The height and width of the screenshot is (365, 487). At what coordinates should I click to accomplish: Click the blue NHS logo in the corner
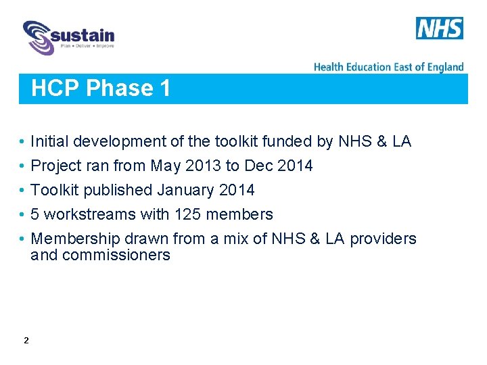click(439, 28)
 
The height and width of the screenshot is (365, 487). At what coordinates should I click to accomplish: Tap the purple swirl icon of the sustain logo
click(38, 37)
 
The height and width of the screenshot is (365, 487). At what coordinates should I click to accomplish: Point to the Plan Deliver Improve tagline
click(87, 46)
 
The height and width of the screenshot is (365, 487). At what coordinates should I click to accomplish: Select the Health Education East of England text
click(388, 66)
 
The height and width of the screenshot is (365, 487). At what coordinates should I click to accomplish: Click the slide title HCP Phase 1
click(101, 89)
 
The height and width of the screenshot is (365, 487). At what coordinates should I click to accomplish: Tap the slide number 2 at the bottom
click(26, 341)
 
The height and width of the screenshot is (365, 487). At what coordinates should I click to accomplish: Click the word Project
click(57, 166)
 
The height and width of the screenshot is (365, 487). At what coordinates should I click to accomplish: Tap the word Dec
click(258, 166)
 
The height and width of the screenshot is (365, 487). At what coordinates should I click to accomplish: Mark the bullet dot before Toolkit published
click(22, 191)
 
